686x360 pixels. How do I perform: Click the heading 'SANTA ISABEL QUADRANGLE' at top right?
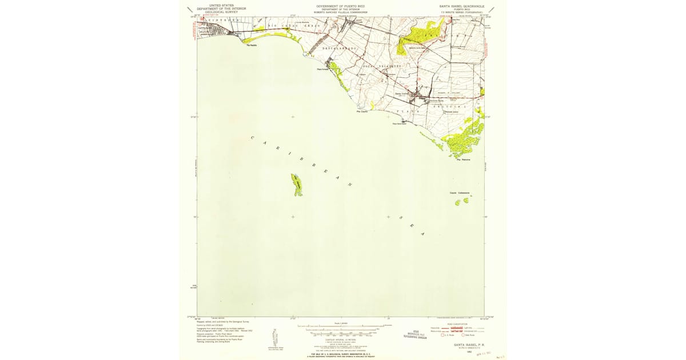tap(461, 6)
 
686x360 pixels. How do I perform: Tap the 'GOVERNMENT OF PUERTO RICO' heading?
tap(342, 6)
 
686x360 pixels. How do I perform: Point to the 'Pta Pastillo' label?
tap(252, 46)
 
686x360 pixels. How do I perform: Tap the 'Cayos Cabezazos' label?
tap(460, 193)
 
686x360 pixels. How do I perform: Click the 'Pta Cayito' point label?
tap(362, 111)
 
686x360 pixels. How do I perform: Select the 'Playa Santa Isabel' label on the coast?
tap(399, 124)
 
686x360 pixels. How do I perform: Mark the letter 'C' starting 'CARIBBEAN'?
tap(253, 138)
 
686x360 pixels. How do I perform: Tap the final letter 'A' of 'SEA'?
tap(423, 234)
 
